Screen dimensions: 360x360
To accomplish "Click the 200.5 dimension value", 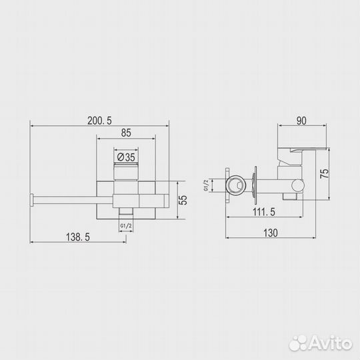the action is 99,121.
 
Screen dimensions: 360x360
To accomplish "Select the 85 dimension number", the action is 126,133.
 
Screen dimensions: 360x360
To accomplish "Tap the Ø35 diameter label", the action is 126,157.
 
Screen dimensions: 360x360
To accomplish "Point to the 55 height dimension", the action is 183,200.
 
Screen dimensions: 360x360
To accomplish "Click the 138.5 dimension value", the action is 78,237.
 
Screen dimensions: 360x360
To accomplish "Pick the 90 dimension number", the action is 301,121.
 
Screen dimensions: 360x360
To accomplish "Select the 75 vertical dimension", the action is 325,174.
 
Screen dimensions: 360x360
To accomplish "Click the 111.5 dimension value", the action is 264,212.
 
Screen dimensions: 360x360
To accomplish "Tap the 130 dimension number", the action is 271,233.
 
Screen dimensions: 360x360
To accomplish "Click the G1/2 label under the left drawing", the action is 126,226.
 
